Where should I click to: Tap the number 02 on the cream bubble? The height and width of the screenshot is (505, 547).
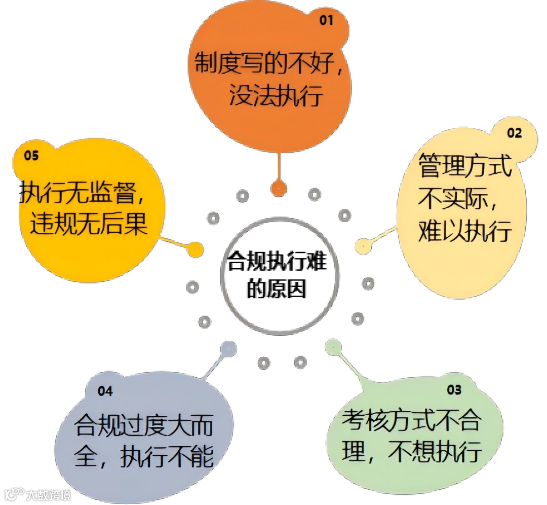pyautogui.click(x=514, y=133)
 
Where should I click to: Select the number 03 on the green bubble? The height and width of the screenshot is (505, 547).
pyautogui.click(x=454, y=389)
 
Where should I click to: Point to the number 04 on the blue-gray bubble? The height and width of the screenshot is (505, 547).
pyautogui.click(x=105, y=391)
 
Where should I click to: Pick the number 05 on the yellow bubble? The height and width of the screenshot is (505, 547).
pyautogui.click(x=31, y=156)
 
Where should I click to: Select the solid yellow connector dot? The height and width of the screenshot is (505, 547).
pyautogui.click(x=195, y=248)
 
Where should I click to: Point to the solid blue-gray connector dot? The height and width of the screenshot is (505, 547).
pyautogui.click(x=228, y=348)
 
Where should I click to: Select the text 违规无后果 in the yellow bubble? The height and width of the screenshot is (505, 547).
pyautogui.click(x=89, y=224)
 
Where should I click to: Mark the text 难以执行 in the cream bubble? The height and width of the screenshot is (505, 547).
pyautogui.click(x=464, y=232)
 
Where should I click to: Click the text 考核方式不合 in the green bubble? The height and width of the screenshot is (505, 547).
pyautogui.click(x=411, y=421)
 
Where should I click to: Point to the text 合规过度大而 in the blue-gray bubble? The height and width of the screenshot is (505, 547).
pyautogui.click(x=144, y=425)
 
